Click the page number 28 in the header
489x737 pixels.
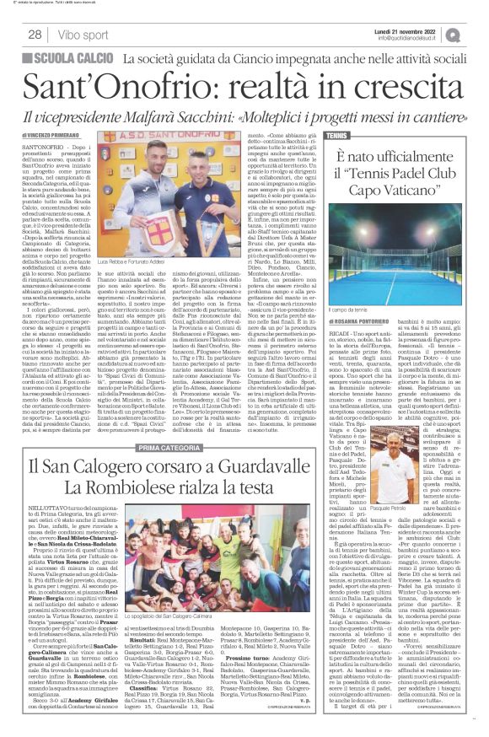pyautogui.click(x=35, y=35)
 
